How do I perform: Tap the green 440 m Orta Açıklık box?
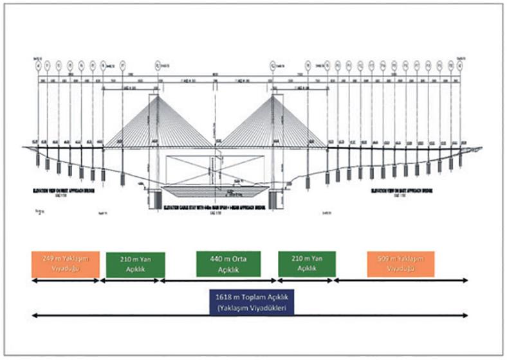[x=228, y=264]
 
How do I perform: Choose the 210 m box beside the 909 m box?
[x=305, y=264]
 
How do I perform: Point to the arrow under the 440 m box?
[x=219, y=281]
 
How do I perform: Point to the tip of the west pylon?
[x=158, y=96]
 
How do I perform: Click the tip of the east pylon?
[x=274, y=96]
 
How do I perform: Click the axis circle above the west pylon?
[x=158, y=64]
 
